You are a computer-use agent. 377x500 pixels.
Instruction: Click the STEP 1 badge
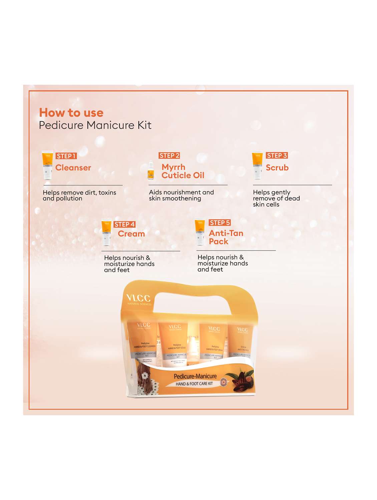[x=66, y=156]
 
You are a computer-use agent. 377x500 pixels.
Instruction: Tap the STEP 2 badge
[x=169, y=156]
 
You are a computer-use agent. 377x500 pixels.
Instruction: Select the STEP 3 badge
[x=277, y=156]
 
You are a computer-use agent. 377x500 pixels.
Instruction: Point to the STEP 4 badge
[x=124, y=224]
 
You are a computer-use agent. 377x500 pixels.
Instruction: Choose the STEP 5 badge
[x=220, y=223]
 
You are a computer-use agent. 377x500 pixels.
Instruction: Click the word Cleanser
[x=73, y=168]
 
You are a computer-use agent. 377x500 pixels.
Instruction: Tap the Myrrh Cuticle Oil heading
[x=182, y=171]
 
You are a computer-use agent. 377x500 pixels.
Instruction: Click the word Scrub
[x=277, y=168]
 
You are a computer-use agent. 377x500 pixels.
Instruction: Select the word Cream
[x=131, y=234]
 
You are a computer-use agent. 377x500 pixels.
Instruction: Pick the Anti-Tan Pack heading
[x=226, y=237]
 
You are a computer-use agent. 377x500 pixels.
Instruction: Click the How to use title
[x=71, y=113]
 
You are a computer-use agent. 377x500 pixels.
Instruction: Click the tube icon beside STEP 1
[x=48, y=166]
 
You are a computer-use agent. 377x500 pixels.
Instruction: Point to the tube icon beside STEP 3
[x=257, y=166]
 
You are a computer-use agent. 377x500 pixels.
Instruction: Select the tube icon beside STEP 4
[x=106, y=232]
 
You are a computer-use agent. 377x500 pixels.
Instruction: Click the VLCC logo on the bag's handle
[x=138, y=299]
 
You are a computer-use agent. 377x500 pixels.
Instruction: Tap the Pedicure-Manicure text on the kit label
[x=195, y=376]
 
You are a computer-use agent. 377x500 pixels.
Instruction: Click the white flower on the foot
[x=144, y=376]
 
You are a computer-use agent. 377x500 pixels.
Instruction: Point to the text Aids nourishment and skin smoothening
[x=181, y=195]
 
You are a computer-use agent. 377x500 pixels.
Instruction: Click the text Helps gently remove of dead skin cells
[x=276, y=198]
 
